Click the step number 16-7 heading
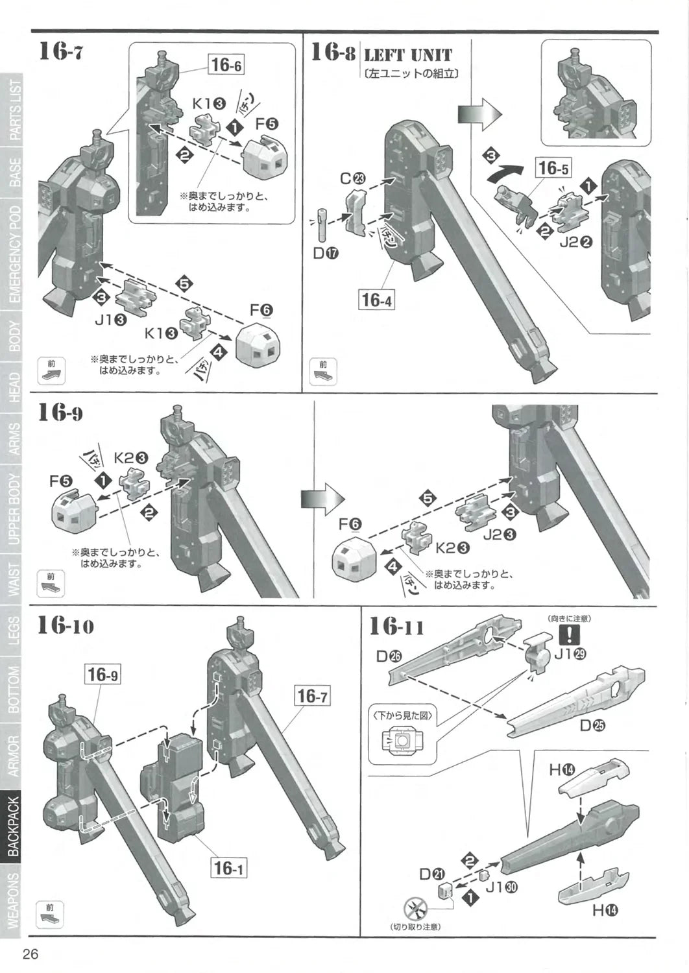tap(61, 51)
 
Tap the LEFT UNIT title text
tap(407, 54)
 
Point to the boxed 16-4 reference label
tap(378, 300)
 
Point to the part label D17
tap(326, 254)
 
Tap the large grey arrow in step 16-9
tap(321, 498)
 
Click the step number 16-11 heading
tap(396, 627)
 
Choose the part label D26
tap(389, 656)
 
